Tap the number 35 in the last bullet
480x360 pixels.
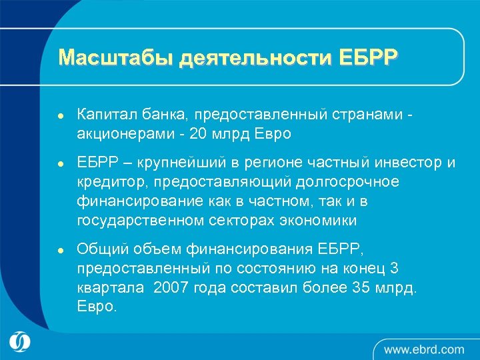click(x=361, y=288)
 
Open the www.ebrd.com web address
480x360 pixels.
click(x=423, y=349)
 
